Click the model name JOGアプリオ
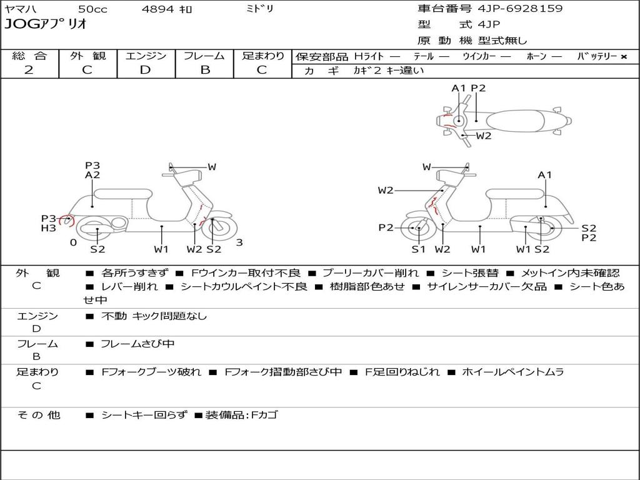(46, 24)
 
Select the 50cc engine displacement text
(92, 9)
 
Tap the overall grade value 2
(29, 70)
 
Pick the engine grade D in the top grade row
(145, 70)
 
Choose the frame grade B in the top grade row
(205, 70)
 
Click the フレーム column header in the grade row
(204, 56)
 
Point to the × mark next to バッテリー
(624, 57)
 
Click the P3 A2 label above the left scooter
(92, 170)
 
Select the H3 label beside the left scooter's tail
(48, 228)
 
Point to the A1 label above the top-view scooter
(458, 88)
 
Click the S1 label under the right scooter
(418, 249)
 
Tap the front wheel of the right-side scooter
(416, 227)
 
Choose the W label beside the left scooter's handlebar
(212, 166)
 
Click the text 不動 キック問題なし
(154, 316)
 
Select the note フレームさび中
(137, 344)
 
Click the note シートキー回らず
(144, 415)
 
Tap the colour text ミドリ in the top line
(259, 8)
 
